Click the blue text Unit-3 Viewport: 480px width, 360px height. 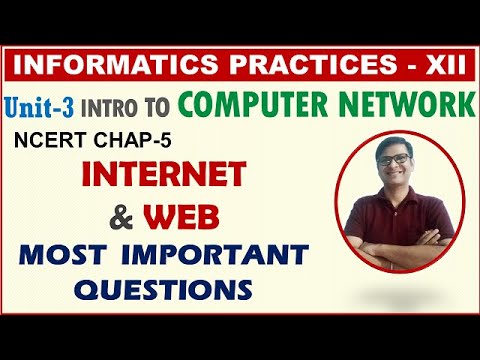coord(46,103)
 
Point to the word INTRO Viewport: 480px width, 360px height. coord(122,105)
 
